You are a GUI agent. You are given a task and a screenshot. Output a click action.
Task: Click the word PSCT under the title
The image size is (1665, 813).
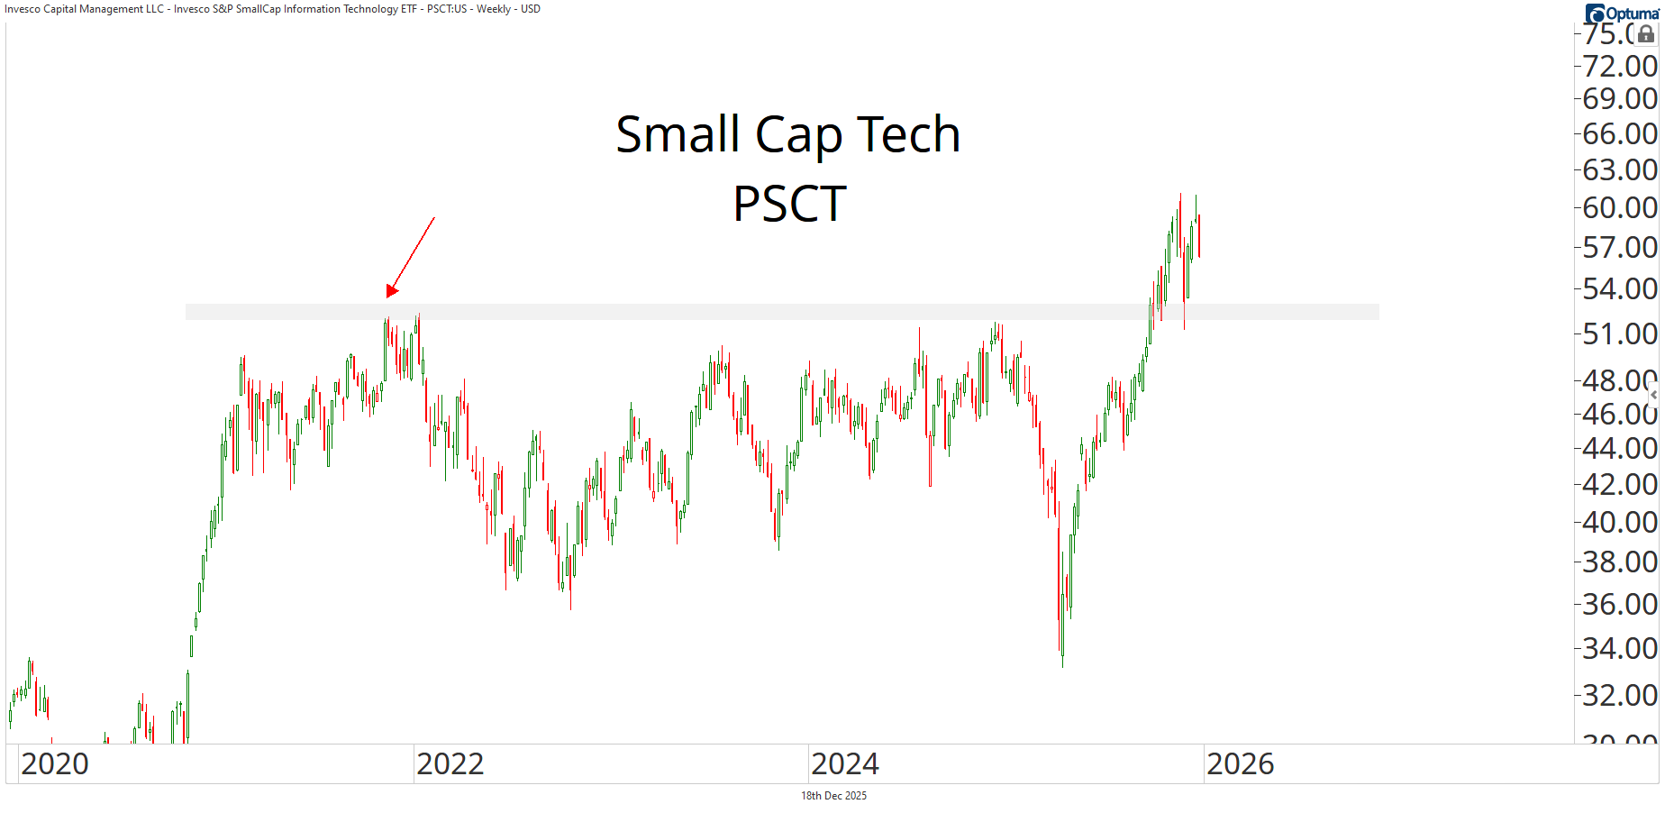pos(789,204)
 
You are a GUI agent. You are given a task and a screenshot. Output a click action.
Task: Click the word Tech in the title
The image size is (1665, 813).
pos(908,135)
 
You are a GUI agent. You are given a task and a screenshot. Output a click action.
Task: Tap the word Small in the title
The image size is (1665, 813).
pos(678,135)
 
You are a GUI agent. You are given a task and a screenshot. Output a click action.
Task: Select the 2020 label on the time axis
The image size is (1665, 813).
pos(55,764)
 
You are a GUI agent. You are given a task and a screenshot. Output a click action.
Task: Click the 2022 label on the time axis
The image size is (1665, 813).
pos(450,764)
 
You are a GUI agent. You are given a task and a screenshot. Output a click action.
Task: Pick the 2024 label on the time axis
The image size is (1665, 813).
pos(844,764)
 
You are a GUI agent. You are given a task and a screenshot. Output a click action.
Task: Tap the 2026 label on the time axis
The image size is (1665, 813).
pos(1240,764)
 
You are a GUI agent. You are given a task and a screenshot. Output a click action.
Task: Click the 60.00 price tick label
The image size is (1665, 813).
pos(1619,207)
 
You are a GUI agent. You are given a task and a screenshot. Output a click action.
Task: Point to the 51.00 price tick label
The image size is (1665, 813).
pos(1619,333)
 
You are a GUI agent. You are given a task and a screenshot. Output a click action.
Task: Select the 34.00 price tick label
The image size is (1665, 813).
pos(1619,647)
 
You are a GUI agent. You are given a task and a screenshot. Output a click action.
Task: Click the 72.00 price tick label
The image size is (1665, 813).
pos(1619,66)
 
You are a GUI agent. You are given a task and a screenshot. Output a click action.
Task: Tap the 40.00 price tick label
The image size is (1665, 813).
pos(1619,521)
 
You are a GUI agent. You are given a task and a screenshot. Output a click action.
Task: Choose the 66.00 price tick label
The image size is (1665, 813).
pos(1619,133)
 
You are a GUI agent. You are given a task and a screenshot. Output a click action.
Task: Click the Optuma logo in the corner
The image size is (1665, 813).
pos(1622,13)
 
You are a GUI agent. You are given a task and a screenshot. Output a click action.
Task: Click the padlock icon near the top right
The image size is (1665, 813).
pos(1646,34)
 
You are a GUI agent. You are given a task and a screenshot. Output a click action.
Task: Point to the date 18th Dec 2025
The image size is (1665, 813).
pos(833,796)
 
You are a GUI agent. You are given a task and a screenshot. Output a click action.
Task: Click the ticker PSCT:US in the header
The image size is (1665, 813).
pos(447,9)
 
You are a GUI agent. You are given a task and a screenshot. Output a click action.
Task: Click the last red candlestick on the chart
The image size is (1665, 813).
pos(1198,236)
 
